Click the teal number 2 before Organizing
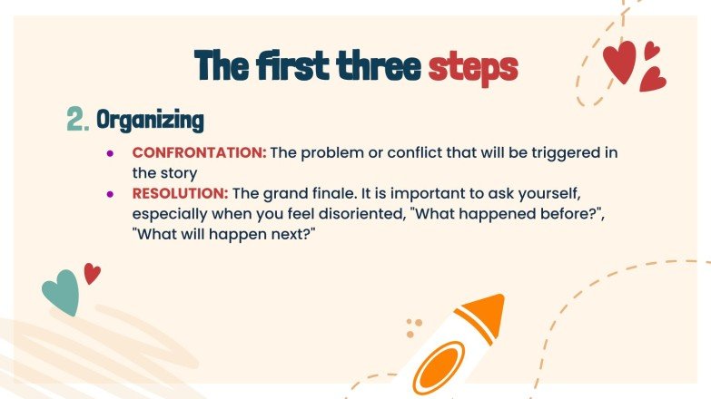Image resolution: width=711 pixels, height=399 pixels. tap(77, 120)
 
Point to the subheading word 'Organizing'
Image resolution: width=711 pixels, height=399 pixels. tap(150, 120)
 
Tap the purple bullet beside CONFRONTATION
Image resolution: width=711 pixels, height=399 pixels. tap(111, 152)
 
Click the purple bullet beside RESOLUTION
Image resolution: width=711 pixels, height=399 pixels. tap(111, 193)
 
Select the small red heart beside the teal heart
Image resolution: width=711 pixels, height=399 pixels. tap(92, 272)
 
